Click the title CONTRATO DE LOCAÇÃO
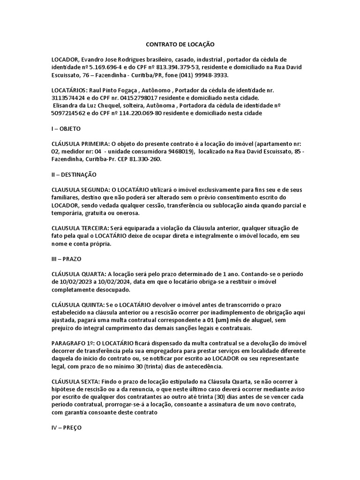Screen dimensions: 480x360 click(x=180, y=44)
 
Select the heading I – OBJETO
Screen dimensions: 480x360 click(x=66, y=128)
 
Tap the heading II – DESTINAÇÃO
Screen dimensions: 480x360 click(x=74, y=174)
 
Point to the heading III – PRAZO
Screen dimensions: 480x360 click(x=67, y=259)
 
